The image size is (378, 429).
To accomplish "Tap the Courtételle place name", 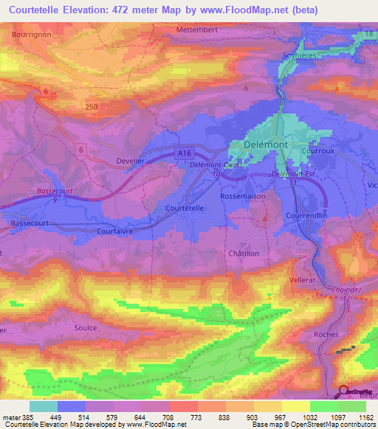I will tap(184, 209).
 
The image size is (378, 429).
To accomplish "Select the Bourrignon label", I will tap(30, 34).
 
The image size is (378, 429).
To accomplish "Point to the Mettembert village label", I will tap(197, 29).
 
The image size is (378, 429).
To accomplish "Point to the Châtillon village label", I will tap(244, 253).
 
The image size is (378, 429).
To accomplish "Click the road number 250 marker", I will tap(111, 108).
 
